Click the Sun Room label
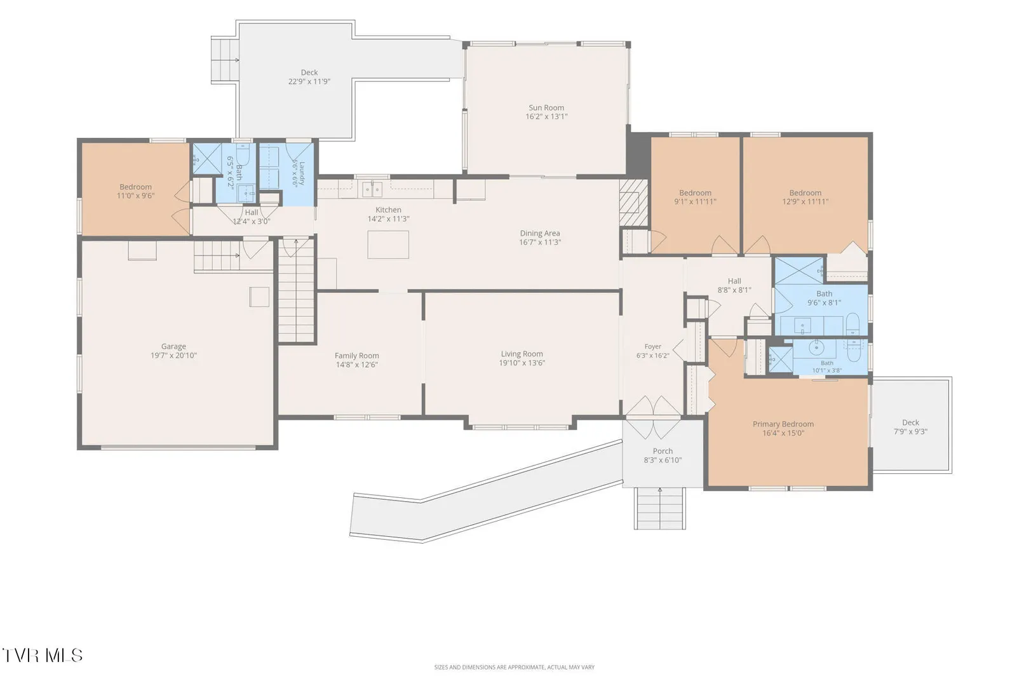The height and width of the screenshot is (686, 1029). click(x=546, y=107)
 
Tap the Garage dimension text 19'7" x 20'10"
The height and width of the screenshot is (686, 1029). click(x=173, y=355)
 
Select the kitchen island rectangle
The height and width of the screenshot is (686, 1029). click(x=388, y=245)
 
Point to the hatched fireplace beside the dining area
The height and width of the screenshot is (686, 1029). click(x=633, y=202)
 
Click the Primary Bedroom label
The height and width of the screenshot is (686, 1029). click(x=783, y=424)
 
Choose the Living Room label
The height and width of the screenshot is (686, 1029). click(x=522, y=354)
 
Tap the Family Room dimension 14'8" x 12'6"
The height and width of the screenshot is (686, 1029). click(x=357, y=365)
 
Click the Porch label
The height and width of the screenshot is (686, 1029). click(x=663, y=451)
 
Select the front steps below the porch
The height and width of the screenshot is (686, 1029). click(x=660, y=509)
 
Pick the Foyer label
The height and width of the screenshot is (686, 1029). click(x=653, y=346)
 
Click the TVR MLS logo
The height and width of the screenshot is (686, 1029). click(x=43, y=656)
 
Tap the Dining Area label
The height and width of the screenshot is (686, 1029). click(x=540, y=233)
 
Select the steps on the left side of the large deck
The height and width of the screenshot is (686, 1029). click(x=225, y=60)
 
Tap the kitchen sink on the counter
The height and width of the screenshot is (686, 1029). click(x=372, y=189)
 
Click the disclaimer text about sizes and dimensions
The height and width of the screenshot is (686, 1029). click(x=514, y=667)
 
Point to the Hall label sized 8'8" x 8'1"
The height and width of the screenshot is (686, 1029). click(x=734, y=281)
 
